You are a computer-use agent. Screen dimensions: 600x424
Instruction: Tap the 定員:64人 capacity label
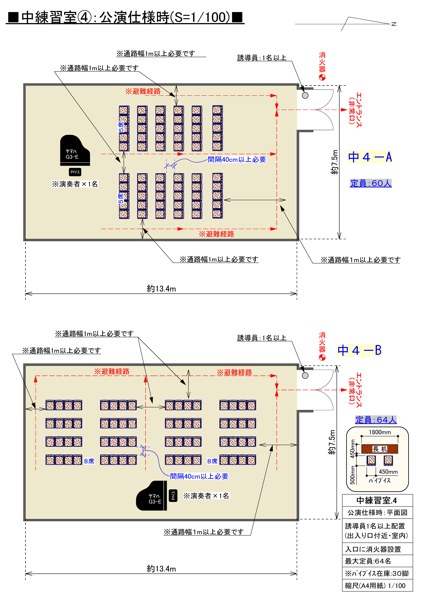[x=376, y=420]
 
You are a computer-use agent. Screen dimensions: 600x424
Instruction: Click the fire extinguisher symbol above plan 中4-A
[x=322, y=77]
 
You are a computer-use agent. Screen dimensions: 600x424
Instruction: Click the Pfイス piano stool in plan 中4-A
[x=75, y=172]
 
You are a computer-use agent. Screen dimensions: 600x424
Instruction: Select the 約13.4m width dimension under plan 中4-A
[x=161, y=289]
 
